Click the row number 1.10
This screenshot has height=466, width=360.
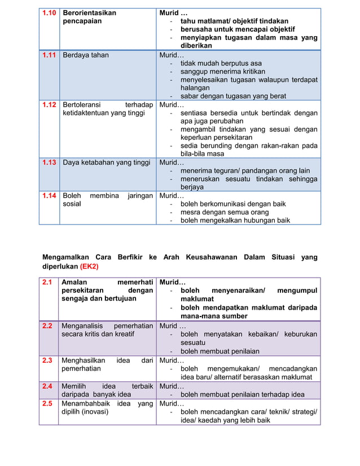pyautogui.click(x=49, y=12)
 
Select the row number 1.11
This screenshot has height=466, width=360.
pyautogui.click(x=49, y=55)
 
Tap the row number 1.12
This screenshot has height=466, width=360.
pyautogui.click(x=49, y=105)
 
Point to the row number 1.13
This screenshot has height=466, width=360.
pyautogui.click(x=49, y=162)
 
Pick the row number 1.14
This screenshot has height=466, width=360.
pyautogui.click(x=49, y=196)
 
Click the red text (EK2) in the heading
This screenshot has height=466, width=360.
pyautogui.click(x=89, y=266)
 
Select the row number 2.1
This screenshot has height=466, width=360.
pyautogui.click(x=47, y=282)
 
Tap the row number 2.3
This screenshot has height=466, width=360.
pyautogui.click(x=47, y=360)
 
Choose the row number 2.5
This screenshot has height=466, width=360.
pyautogui.click(x=47, y=404)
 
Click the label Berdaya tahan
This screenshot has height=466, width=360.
pyautogui.click(x=86, y=55)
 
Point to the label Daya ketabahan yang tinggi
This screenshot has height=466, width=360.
pyautogui.click(x=107, y=162)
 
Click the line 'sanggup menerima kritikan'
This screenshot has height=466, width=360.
pyautogui.click(x=222, y=72)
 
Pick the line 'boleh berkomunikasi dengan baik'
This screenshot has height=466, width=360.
pyautogui.click(x=232, y=204)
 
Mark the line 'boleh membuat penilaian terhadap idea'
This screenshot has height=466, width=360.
pyautogui.click(x=242, y=394)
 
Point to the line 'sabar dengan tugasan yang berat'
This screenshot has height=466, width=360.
pyautogui.click(x=233, y=96)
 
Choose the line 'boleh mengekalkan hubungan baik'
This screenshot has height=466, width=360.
pyautogui.click(x=235, y=221)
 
